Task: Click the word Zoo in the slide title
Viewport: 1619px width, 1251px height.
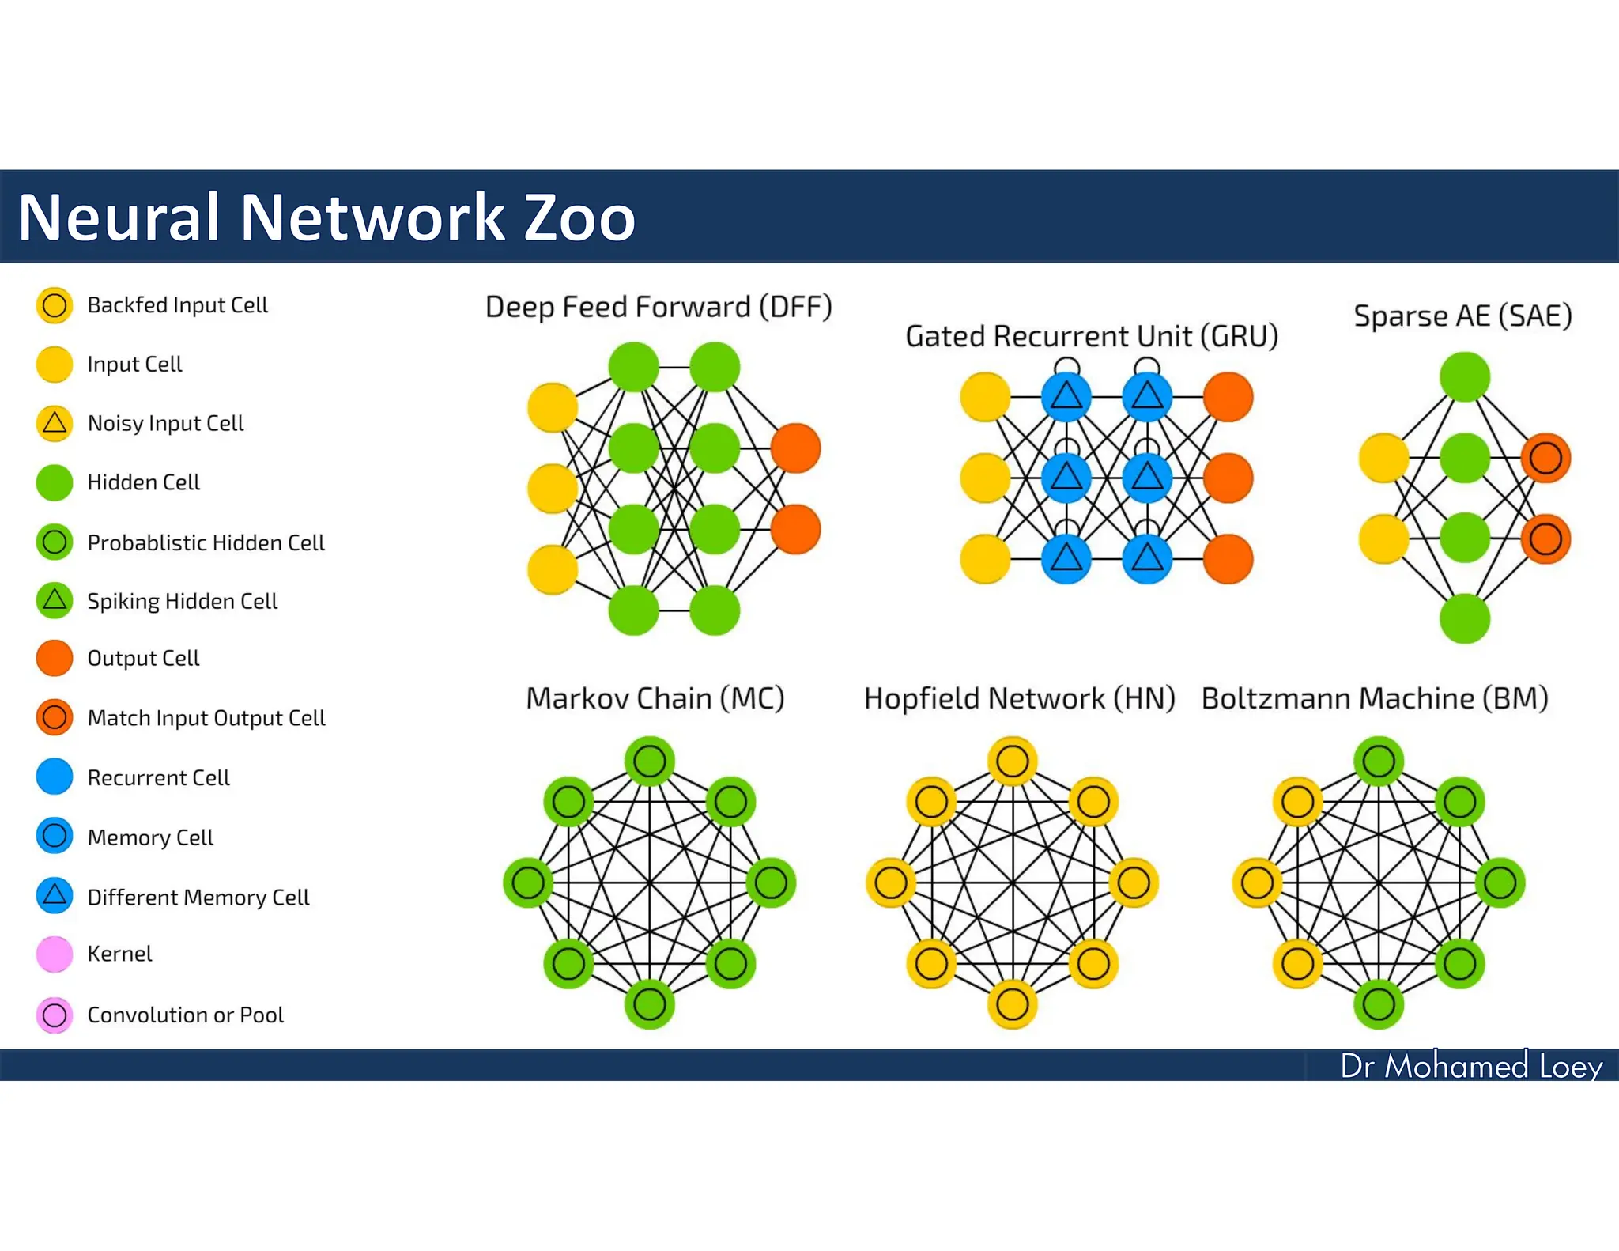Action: click(x=579, y=217)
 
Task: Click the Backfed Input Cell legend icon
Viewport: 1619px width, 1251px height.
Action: click(x=55, y=305)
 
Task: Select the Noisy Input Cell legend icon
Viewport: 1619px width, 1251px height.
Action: click(x=55, y=423)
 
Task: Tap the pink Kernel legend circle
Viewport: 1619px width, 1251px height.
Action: click(x=55, y=954)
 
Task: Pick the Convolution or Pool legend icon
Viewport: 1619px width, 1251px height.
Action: click(x=55, y=1015)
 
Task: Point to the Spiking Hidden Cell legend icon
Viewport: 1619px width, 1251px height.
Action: click(x=55, y=600)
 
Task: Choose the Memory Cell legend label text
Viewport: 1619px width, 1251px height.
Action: click(x=150, y=837)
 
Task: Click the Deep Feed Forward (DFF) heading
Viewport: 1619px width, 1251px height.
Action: click(x=659, y=307)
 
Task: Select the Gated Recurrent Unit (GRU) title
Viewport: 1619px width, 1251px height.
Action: click(x=1092, y=337)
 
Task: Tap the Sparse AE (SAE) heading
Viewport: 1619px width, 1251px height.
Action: click(x=1462, y=316)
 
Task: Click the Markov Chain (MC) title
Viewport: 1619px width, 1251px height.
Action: click(x=655, y=698)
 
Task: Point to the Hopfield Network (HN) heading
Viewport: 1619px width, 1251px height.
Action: click(x=1020, y=698)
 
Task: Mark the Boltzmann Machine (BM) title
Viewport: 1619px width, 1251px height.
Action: click(x=1375, y=698)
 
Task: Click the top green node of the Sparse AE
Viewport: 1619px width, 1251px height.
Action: click(x=1465, y=376)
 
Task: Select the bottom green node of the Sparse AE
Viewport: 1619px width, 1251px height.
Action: click(x=1465, y=618)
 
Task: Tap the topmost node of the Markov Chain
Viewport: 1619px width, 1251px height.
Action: click(x=650, y=762)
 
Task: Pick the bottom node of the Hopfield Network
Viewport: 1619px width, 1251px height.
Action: click(x=1013, y=1004)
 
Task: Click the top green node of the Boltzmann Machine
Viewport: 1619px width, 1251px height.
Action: click(x=1379, y=762)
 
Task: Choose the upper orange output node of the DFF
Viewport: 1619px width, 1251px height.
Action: click(x=795, y=448)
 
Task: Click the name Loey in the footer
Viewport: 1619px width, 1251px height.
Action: click(x=1570, y=1066)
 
